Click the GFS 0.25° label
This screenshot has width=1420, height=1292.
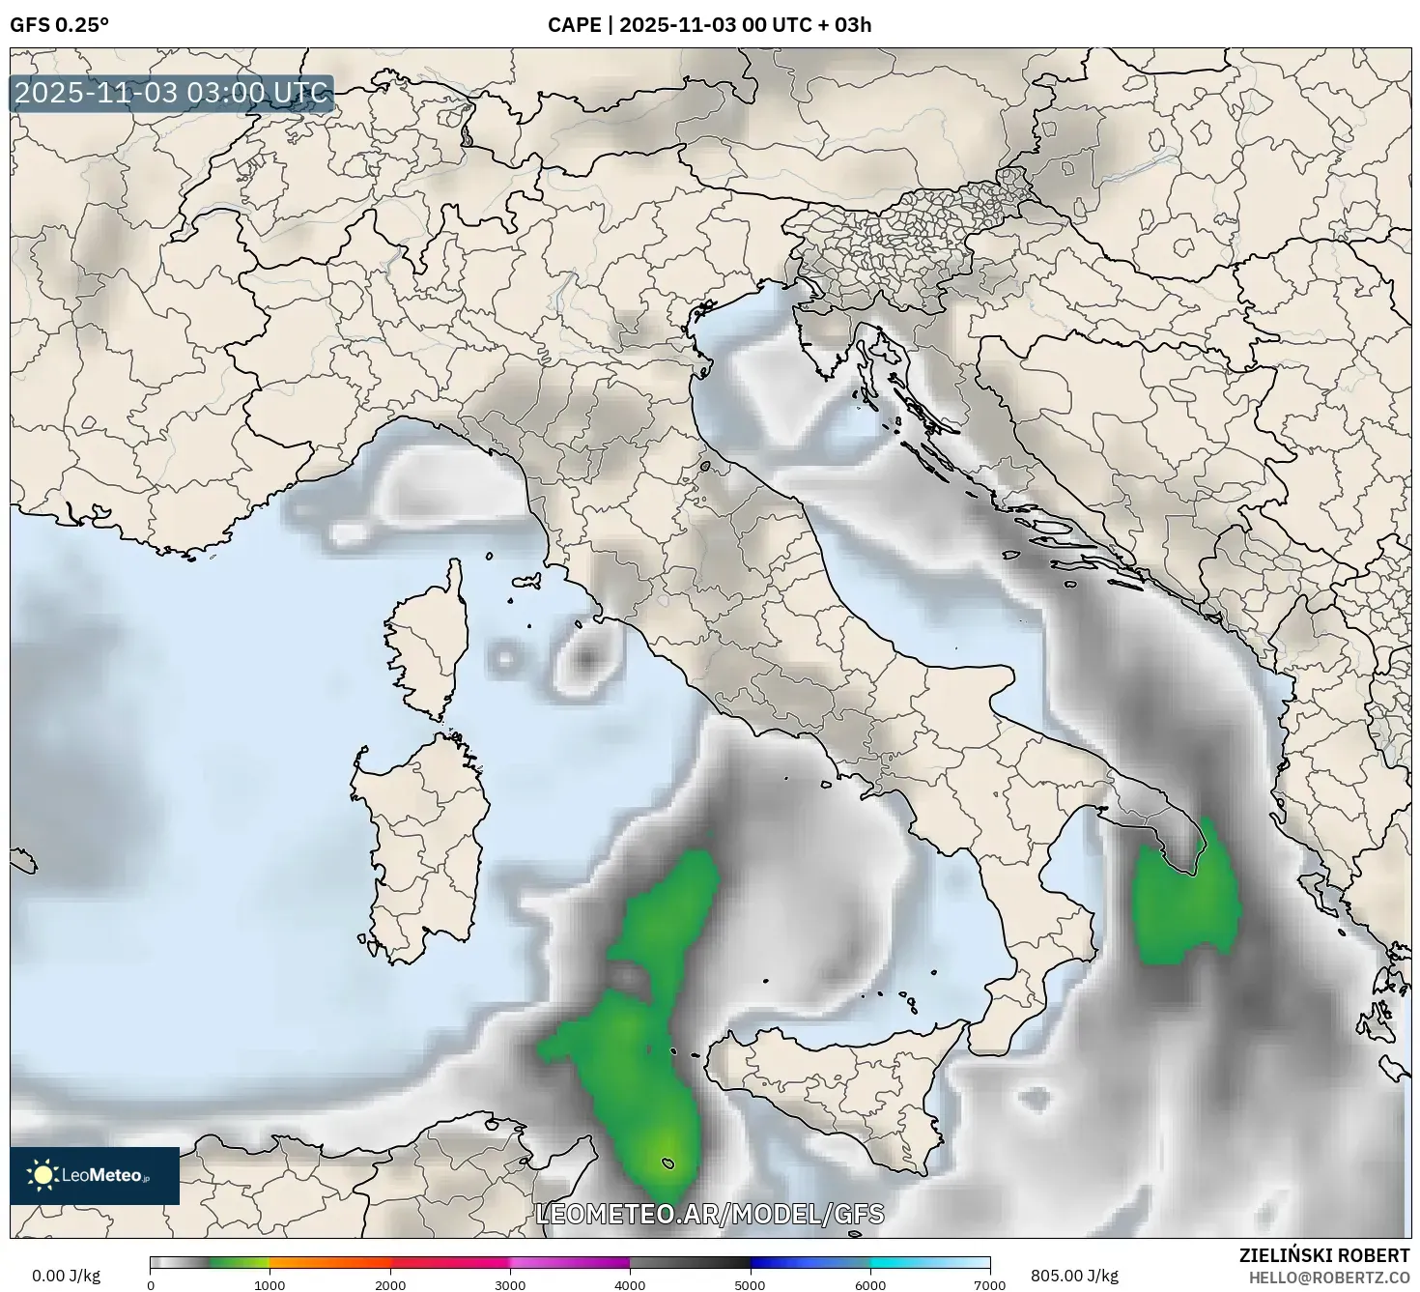(59, 25)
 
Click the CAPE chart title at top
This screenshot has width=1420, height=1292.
(709, 25)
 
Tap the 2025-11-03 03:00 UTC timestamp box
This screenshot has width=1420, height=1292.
(172, 94)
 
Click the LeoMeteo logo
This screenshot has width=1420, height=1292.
(95, 1175)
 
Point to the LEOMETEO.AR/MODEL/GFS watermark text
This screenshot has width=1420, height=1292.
(710, 1214)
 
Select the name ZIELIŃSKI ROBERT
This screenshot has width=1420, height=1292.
(1323, 1255)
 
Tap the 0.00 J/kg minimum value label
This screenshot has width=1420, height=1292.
(66, 1276)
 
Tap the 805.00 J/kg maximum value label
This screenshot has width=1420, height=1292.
(1074, 1276)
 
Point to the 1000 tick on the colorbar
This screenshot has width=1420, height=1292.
(270, 1284)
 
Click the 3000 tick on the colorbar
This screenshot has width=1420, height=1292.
(510, 1284)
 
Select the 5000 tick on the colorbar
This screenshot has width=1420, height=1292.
(751, 1284)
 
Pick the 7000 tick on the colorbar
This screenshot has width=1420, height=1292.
(990, 1284)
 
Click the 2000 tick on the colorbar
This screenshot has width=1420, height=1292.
(390, 1284)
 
